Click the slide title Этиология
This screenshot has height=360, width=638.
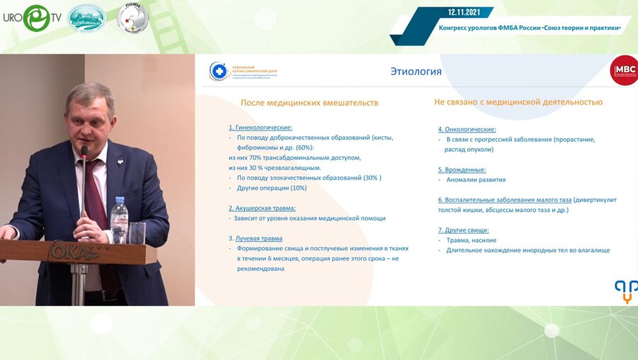click(415, 72)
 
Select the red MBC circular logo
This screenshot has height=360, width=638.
click(625, 71)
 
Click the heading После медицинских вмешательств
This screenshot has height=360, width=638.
click(309, 103)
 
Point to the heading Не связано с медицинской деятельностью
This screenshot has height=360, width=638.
click(518, 103)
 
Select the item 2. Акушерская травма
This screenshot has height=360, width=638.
click(262, 208)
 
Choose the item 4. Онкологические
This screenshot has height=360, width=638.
click(466, 130)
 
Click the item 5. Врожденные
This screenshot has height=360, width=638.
click(461, 170)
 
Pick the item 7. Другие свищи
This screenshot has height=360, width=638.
click(463, 230)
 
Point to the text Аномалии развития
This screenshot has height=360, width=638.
click(475, 180)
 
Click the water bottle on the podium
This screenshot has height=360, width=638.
click(119, 220)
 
